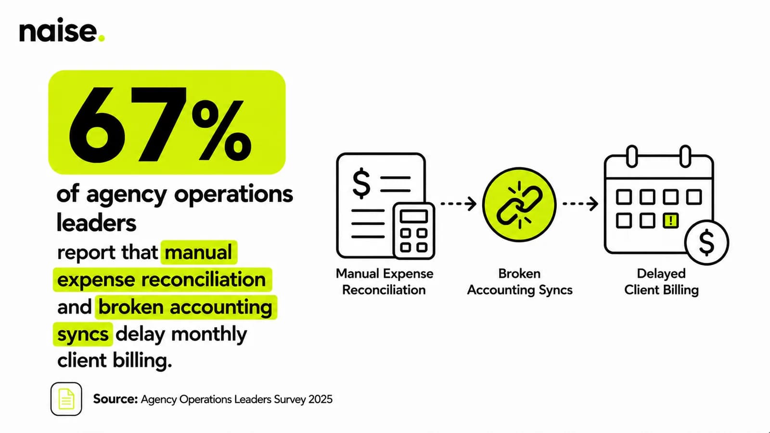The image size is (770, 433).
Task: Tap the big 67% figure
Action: tap(160, 123)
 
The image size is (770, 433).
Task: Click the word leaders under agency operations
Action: tap(96, 223)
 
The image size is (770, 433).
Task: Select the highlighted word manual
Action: tap(199, 252)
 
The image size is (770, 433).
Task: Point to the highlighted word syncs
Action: tap(83, 334)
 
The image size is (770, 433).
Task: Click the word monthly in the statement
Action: tap(209, 334)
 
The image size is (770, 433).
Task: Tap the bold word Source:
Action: tap(115, 399)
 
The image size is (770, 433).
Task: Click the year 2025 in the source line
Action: tap(321, 399)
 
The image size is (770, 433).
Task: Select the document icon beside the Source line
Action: tap(66, 399)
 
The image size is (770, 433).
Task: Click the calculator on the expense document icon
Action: tap(414, 230)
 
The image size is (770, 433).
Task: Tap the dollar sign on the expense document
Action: tap(361, 183)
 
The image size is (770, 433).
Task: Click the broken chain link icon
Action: tap(519, 205)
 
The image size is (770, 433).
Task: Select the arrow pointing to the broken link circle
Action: tap(459, 204)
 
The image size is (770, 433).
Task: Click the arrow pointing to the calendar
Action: tap(580, 204)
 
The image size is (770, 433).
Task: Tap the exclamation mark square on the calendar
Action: tap(670, 220)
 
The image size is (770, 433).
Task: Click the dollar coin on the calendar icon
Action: tap(707, 242)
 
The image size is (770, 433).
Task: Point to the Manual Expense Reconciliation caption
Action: tap(385, 281)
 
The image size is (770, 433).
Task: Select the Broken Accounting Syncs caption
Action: tap(519, 281)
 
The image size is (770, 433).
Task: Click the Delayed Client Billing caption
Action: tap(661, 281)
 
